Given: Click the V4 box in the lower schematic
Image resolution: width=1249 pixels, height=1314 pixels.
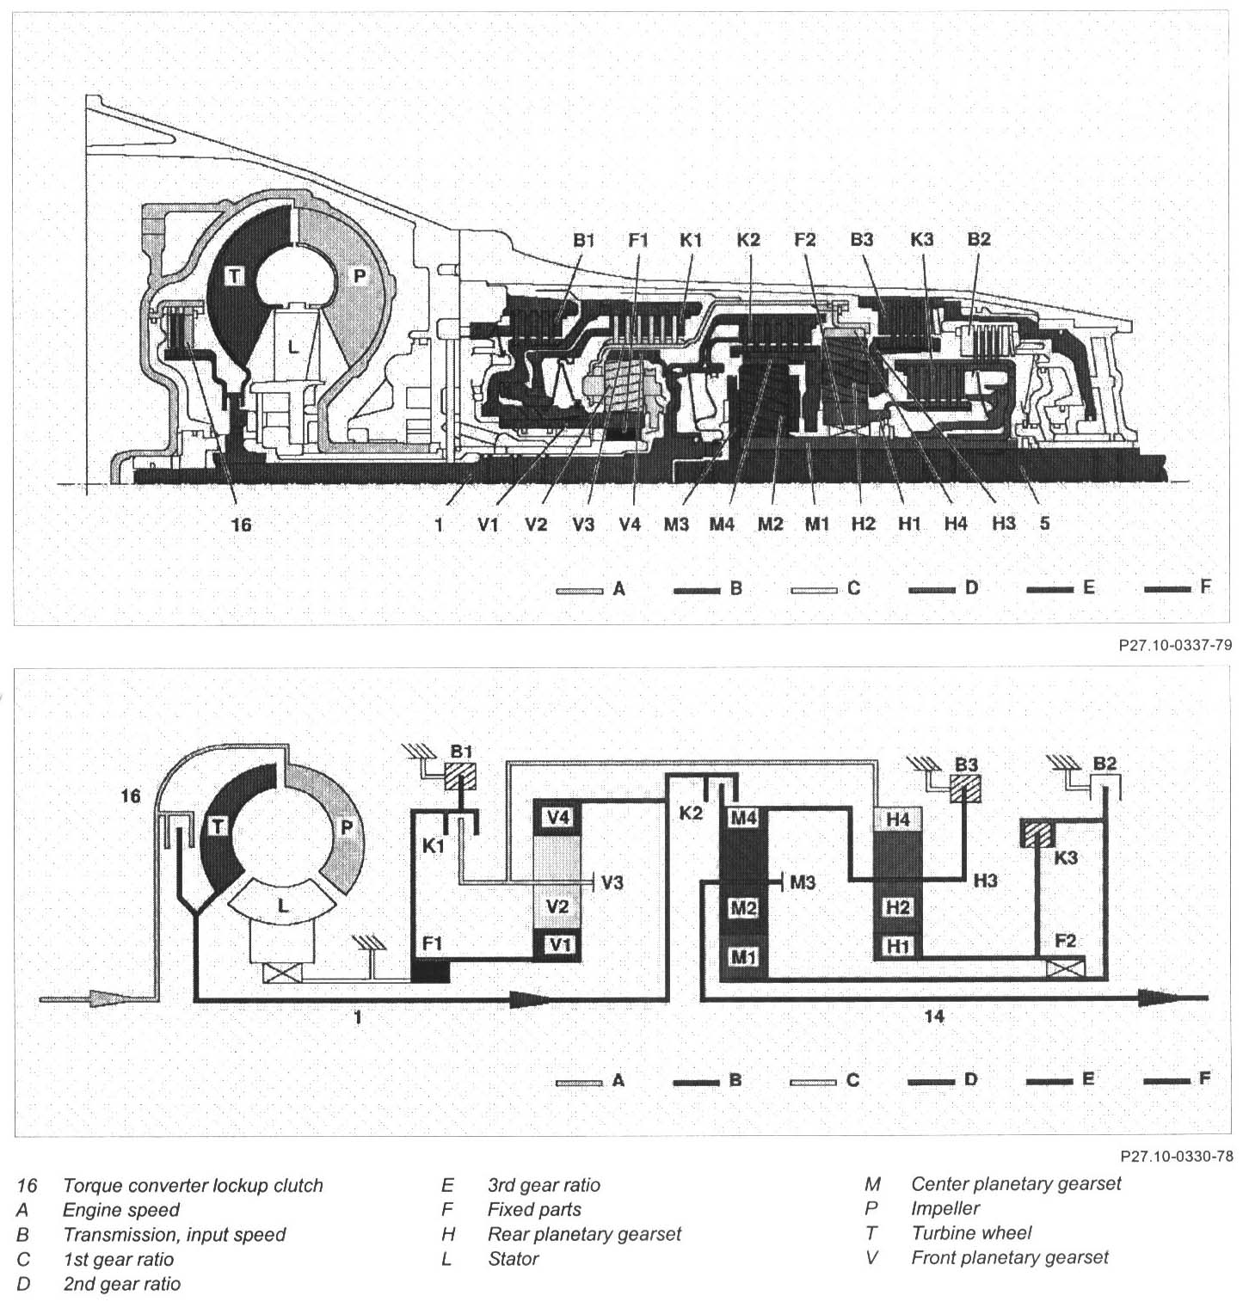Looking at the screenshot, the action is pyautogui.click(x=558, y=817).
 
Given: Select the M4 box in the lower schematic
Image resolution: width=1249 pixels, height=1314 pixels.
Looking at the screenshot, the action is pyautogui.click(x=742, y=819).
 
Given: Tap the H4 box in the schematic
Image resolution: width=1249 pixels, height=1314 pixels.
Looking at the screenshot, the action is pyautogui.click(x=897, y=820).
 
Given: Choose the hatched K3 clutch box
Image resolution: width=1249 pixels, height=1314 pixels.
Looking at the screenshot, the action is pyautogui.click(x=1037, y=834).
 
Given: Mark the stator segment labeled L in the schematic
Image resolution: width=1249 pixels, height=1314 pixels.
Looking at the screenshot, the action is pyautogui.click(x=283, y=906).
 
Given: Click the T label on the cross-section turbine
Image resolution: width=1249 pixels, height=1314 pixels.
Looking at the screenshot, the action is pyautogui.click(x=235, y=275).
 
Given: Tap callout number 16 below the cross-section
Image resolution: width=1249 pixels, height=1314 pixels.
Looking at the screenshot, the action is pyautogui.click(x=242, y=523).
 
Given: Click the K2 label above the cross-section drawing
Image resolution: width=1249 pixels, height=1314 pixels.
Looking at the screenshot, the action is pyautogui.click(x=748, y=240).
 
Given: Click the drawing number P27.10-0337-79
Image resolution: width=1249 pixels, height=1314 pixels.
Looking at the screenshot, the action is pyautogui.click(x=1175, y=645).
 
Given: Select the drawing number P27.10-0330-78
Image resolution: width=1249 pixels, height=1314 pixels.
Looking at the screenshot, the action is pyautogui.click(x=1175, y=1157).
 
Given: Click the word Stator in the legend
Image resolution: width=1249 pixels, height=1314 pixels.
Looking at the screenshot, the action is pyautogui.click(x=513, y=1259).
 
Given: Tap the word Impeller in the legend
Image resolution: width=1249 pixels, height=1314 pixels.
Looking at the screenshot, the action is pyautogui.click(x=945, y=1208).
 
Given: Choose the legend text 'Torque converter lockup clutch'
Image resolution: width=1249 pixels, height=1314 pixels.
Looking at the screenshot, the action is pyautogui.click(x=193, y=1185).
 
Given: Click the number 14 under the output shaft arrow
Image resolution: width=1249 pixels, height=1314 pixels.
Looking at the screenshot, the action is pyautogui.click(x=934, y=1016).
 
